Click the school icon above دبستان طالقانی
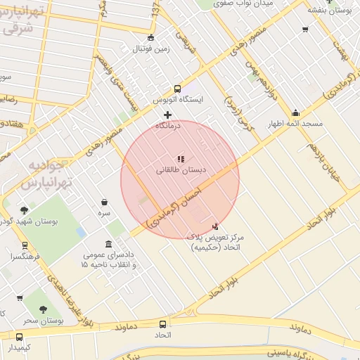pos(180,159)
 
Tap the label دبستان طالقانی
pos(180,170)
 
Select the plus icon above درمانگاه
pos(167,115)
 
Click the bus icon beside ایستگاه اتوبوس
pos(177,89)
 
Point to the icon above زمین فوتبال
pos(150,38)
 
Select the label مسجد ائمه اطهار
pos(295,124)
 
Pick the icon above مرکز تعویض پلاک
pos(215,226)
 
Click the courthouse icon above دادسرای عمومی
pos(109,243)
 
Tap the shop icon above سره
pos(104,202)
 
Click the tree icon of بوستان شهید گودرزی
pos(25,210)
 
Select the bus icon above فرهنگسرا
pos(25,246)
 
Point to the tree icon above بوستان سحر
pos(43,309)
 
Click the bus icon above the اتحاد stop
pos(163,324)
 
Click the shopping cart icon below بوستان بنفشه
pos(305,29)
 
